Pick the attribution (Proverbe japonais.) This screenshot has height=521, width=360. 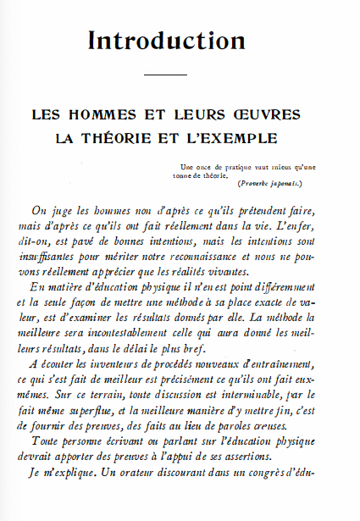270,183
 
